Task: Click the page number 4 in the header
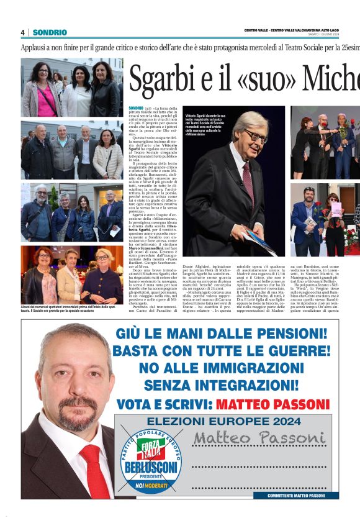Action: tap(23, 32)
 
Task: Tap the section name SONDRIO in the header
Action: tap(50, 32)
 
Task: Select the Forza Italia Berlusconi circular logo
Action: tap(150, 462)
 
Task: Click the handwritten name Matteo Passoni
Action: tap(259, 439)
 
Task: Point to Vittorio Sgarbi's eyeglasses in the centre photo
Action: tap(255, 135)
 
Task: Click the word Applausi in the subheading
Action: tap(35, 47)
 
